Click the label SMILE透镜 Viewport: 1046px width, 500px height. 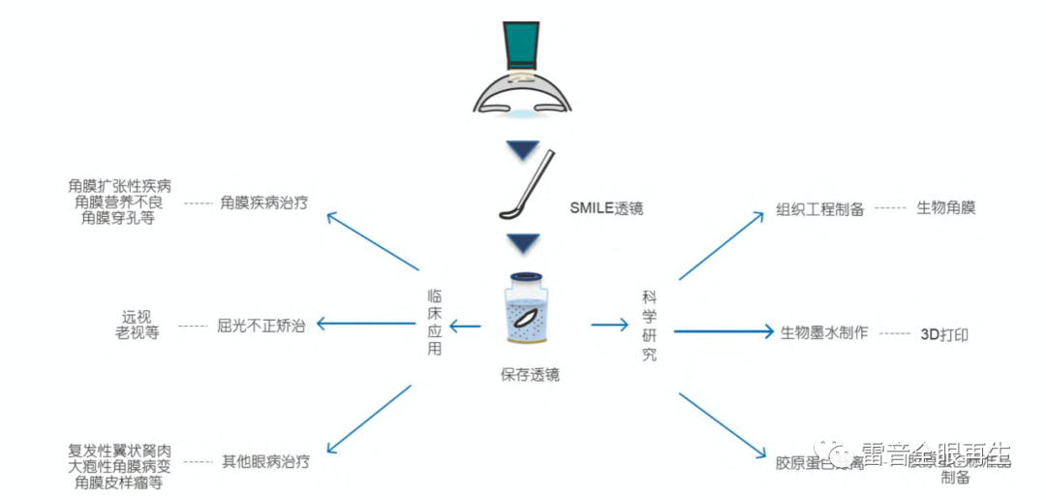click(607, 208)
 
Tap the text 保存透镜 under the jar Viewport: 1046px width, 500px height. click(530, 375)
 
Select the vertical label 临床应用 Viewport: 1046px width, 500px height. click(435, 322)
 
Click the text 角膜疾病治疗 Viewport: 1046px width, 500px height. click(264, 203)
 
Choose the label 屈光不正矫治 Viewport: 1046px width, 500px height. click(261, 326)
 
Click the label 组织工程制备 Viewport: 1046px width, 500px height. click(820, 209)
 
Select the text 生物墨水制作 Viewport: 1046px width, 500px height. click(824, 332)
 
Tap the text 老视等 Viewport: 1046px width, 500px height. click(138, 333)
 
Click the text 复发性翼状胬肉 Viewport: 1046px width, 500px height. click(120, 450)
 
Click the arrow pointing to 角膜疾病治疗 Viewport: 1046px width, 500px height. click(373, 241)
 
